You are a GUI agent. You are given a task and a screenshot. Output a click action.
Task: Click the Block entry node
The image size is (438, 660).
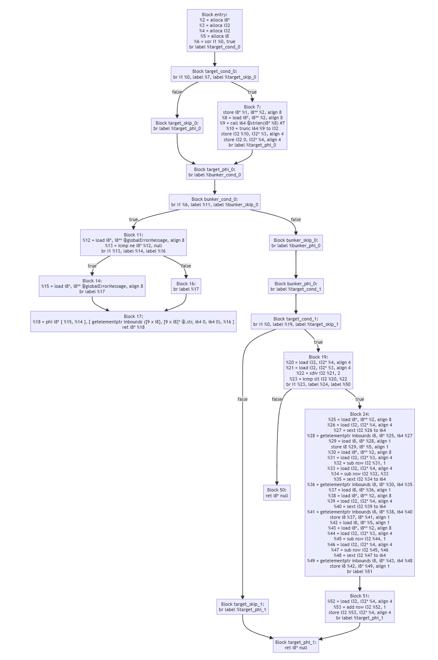(214, 31)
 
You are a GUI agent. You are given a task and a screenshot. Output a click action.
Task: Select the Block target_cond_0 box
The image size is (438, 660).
(214, 74)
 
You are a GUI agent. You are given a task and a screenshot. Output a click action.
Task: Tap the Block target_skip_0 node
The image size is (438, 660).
(177, 125)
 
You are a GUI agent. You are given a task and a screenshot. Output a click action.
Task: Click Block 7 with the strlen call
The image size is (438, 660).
(252, 126)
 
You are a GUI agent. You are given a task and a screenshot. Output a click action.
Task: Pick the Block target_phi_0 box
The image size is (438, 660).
(214, 172)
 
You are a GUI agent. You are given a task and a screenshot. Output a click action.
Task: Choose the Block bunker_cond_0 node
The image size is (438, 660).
(214, 202)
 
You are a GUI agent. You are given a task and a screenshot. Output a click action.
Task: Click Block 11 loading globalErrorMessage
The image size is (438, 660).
(133, 243)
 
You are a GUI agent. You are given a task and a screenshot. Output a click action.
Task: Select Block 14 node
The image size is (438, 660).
(92, 286)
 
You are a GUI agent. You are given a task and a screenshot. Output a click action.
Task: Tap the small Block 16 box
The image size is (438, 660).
(186, 286)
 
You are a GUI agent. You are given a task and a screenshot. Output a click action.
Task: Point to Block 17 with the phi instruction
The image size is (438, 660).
(133, 322)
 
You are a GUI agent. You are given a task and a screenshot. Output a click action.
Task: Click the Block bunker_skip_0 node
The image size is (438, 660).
(296, 243)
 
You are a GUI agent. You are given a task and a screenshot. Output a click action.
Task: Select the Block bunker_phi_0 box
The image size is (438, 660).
(296, 286)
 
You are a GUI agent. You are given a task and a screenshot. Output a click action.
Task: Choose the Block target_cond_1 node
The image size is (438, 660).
(296, 321)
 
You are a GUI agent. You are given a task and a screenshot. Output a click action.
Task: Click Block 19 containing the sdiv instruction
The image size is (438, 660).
(318, 371)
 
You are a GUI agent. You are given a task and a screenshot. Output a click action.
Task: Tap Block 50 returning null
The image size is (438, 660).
(277, 493)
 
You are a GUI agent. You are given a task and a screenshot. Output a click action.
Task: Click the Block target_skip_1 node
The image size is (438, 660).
(242, 607)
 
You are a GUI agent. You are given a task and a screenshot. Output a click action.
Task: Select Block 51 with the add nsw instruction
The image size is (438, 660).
(359, 607)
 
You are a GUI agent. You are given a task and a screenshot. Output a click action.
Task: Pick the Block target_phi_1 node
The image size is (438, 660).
(296, 645)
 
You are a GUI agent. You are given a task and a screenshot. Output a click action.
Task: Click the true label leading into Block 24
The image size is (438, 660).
(360, 399)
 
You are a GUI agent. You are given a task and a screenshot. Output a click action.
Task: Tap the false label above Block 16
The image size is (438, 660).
(186, 266)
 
